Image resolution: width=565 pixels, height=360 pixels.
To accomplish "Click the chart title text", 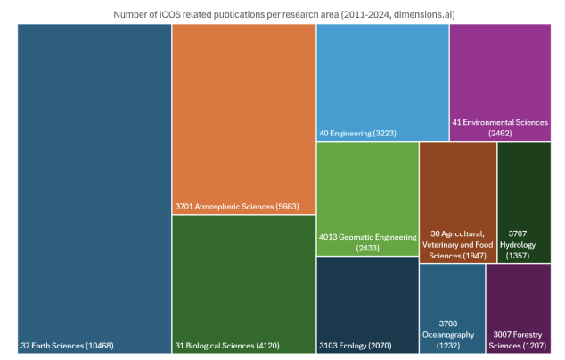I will (x=282, y=13).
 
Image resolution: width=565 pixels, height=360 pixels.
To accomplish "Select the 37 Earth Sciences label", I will (x=67, y=345).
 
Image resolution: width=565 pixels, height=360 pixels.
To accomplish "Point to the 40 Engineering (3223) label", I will (x=357, y=134).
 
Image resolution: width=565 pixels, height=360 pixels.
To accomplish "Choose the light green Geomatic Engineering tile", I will (x=367, y=187).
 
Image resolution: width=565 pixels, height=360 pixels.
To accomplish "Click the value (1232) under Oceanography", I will (x=452, y=345).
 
